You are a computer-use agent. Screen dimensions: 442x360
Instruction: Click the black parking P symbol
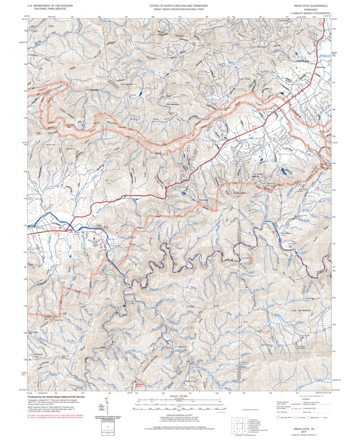pos(123,306)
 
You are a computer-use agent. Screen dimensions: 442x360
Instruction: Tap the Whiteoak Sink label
pos(39,354)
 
